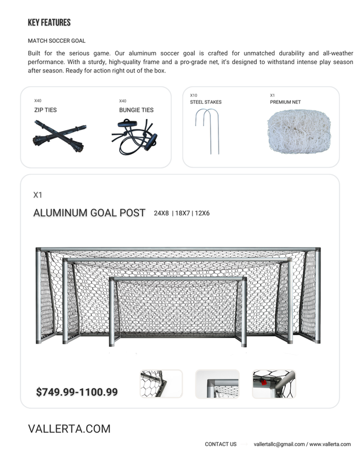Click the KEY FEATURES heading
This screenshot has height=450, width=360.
[49, 23]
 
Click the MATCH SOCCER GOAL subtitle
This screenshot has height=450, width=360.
[57, 41]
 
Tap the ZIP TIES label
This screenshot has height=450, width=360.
[45, 110]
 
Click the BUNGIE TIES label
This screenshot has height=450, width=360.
[136, 110]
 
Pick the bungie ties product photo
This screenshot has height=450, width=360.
[134, 137]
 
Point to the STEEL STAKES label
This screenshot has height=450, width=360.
[206, 102]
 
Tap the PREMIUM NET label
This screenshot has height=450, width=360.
[285, 102]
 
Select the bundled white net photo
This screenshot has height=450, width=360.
[299, 132]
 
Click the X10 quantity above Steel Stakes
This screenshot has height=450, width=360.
[194, 95]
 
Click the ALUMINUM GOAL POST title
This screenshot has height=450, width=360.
[89, 213]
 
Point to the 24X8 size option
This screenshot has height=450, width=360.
[161, 213]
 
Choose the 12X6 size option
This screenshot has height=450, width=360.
[201, 213]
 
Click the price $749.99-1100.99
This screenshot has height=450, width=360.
[77, 392]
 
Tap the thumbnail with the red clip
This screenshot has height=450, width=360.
[274, 384]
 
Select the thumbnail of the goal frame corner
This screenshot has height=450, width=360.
[217, 384]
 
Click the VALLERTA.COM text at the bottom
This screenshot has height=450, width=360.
[69, 429]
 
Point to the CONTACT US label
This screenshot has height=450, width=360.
[221, 444]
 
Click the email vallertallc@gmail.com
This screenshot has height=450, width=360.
[279, 444]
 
